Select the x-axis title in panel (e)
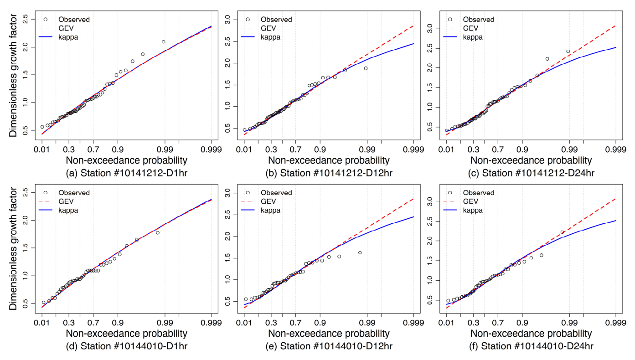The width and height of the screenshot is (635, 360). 329,334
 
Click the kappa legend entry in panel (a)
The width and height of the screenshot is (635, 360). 68,37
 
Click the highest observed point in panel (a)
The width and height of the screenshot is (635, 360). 163,42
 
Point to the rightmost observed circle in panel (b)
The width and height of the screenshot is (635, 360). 366,68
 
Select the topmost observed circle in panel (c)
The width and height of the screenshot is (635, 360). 568,51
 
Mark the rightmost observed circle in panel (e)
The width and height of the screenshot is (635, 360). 360,252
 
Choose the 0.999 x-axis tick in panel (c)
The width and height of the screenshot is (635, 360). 615,149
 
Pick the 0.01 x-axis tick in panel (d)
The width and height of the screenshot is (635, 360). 42,322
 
